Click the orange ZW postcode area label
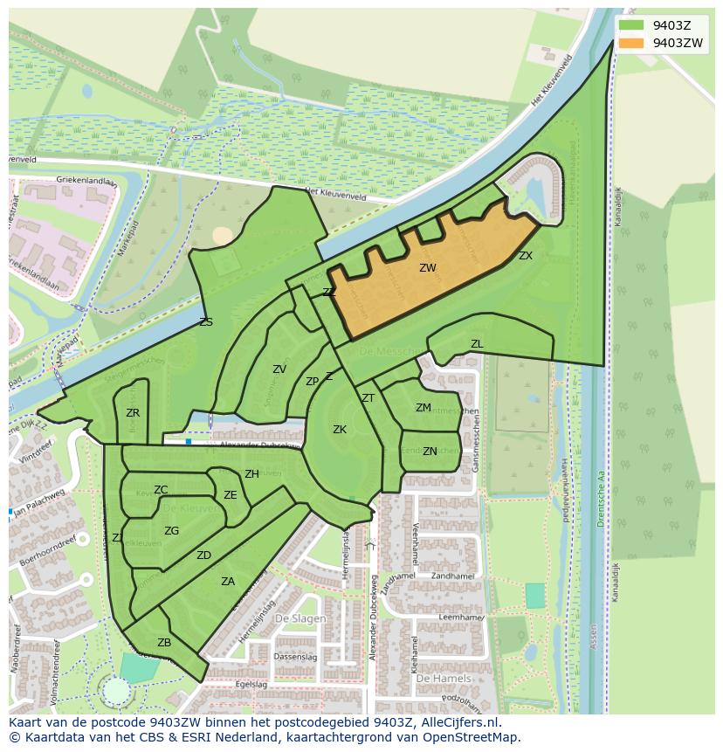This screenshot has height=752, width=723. click(x=427, y=268)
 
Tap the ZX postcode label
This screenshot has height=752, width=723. click(x=525, y=256)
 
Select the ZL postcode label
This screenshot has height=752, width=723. click(x=477, y=344)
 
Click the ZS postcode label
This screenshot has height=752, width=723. click(x=206, y=322)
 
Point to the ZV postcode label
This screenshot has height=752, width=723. click(x=279, y=369)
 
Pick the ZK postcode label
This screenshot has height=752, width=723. click(x=340, y=429)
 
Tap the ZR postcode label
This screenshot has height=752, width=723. click(x=133, y=413)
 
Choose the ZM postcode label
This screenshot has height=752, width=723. click(x=423, y=408)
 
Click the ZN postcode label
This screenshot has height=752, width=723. click(x=430, y=452)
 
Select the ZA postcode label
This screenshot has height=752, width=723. click(x=228, y=582)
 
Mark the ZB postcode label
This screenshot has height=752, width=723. click(x=164, y=643)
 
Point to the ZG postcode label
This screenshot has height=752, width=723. click(x=171, y=531)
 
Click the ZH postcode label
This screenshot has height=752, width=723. click(x=251, y=474)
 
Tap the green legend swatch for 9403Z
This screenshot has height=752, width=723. click(x=631, y=25)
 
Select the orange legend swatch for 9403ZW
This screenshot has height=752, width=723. click(x=631, y=43)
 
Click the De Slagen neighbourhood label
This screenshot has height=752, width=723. click(x=300, y=618)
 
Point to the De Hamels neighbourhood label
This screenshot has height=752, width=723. click(x=443, y=678)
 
